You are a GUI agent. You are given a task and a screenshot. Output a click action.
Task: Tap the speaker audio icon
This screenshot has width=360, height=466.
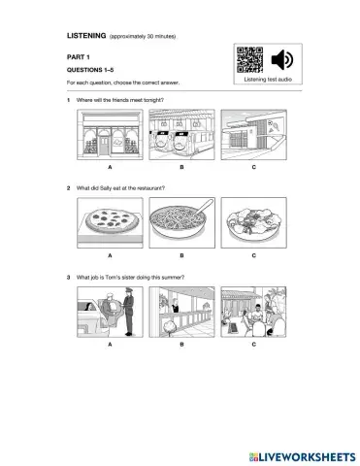281,59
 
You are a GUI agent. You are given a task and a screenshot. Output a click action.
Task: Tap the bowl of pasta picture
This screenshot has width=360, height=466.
180,223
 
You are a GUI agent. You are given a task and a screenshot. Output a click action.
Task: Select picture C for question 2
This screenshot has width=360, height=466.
252,223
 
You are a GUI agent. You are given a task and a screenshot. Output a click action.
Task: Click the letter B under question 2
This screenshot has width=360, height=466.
180,255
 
